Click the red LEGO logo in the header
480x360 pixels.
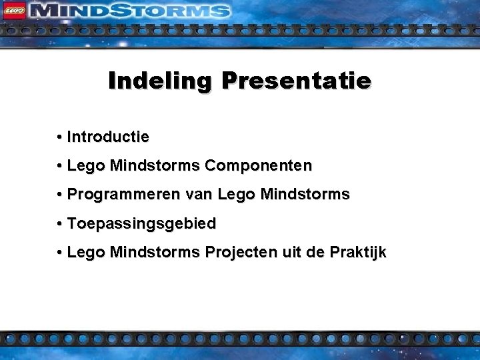click(15, 10)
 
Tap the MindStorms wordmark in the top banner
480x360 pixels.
click(131, 11)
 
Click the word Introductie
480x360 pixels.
click(108, 137)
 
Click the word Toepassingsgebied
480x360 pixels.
click(141, 224)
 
